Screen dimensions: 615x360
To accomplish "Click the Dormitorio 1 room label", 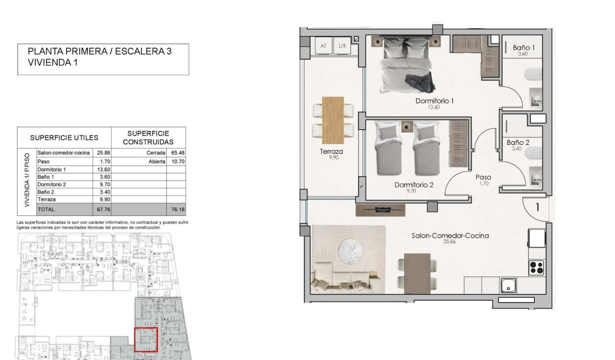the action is click(434, 101).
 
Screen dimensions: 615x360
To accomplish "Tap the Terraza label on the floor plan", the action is click(331, 151).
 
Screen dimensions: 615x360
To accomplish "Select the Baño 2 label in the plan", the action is click(518, 143).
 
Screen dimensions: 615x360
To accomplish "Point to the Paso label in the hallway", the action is click(483, 177).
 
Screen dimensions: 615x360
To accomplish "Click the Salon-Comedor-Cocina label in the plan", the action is click(450, 236).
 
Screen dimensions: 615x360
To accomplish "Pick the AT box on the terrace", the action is click(323, 46).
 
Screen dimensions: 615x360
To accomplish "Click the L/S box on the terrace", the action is click(342, 46).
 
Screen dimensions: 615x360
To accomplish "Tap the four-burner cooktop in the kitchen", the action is click(536, 267).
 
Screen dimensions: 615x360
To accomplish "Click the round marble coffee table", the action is click(349, 252).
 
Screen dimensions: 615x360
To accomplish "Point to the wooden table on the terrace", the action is click(333, 120).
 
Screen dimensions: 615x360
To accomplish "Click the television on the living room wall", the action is click(380, 210).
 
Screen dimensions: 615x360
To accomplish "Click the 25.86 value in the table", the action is click(103, 153).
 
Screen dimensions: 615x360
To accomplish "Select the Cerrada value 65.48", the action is click(178, 153).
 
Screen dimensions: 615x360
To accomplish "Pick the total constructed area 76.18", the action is click(178, 209).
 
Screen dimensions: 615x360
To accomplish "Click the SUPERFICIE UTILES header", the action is click(64, 138).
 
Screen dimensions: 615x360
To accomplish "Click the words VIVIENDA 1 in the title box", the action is click(53, 62).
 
